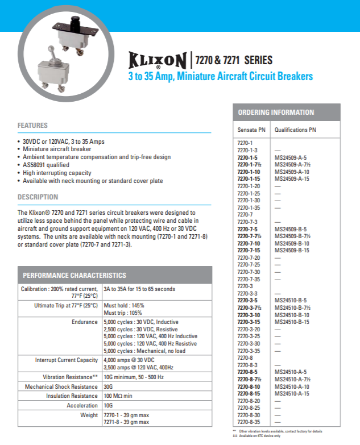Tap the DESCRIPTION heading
pyautogui.click(x=38, y=197)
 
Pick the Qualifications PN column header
pyautogui.click(x=295, y=130)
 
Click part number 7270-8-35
pyautogui.click(x=249, y=422)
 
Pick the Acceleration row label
pyautogui.click(x=82, y=406)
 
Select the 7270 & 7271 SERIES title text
pyautogui.click(x=234, y=60)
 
